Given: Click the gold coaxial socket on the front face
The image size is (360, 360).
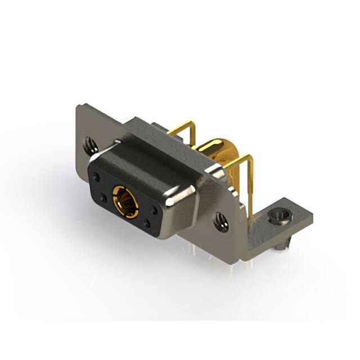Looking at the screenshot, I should click(x=125, y=201).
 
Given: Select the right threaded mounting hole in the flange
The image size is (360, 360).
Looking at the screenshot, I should click(x=220, y=222).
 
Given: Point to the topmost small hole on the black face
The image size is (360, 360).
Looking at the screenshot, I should click(x=97, y=177).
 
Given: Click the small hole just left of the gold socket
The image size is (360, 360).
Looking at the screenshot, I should click(x=103, y=198).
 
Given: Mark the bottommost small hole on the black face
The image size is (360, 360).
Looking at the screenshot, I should click(x=147, y=224).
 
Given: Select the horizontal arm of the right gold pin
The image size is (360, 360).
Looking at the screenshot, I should click(x=239, y=163).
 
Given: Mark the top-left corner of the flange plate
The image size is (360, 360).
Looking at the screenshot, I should click(x=79, y=107).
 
